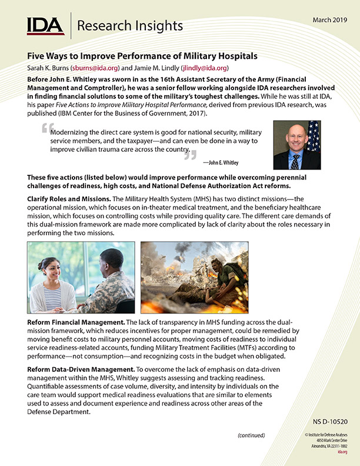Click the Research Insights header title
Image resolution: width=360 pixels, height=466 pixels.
pyautogui.click(x=130, y=26)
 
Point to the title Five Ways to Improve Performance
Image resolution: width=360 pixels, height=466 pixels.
pyautogui.click(x=142, y=56)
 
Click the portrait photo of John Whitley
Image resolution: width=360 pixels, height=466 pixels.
pyautogui.click(x=296, y=145)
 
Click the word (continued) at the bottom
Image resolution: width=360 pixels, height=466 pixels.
pyautogui.click(x=251, y=436)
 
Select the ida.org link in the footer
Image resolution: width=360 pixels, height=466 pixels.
pyautogui.click(x=341, y=452)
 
